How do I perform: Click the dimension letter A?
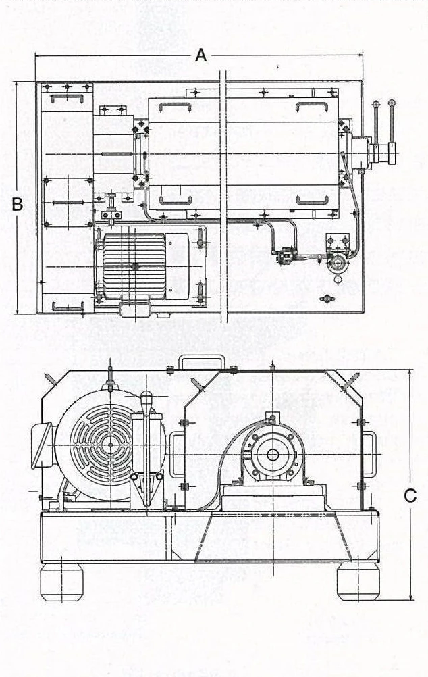(x=200, y=55)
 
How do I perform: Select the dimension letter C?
(x=410, y=495)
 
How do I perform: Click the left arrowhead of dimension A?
(x=38, y=55)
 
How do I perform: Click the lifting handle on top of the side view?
(x=200, y=360)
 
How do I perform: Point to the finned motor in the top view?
(x=134, y=266)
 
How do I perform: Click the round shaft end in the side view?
(x=273, y=455)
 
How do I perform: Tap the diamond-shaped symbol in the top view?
(x=327, y=297)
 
